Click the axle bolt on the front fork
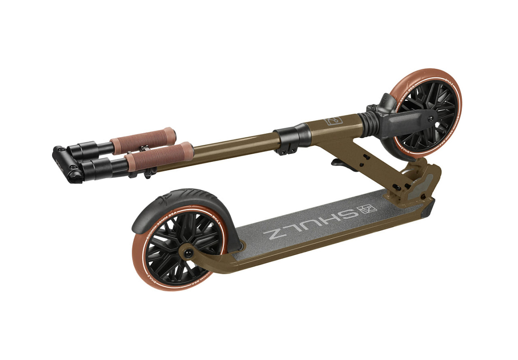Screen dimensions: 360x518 (431, 118)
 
